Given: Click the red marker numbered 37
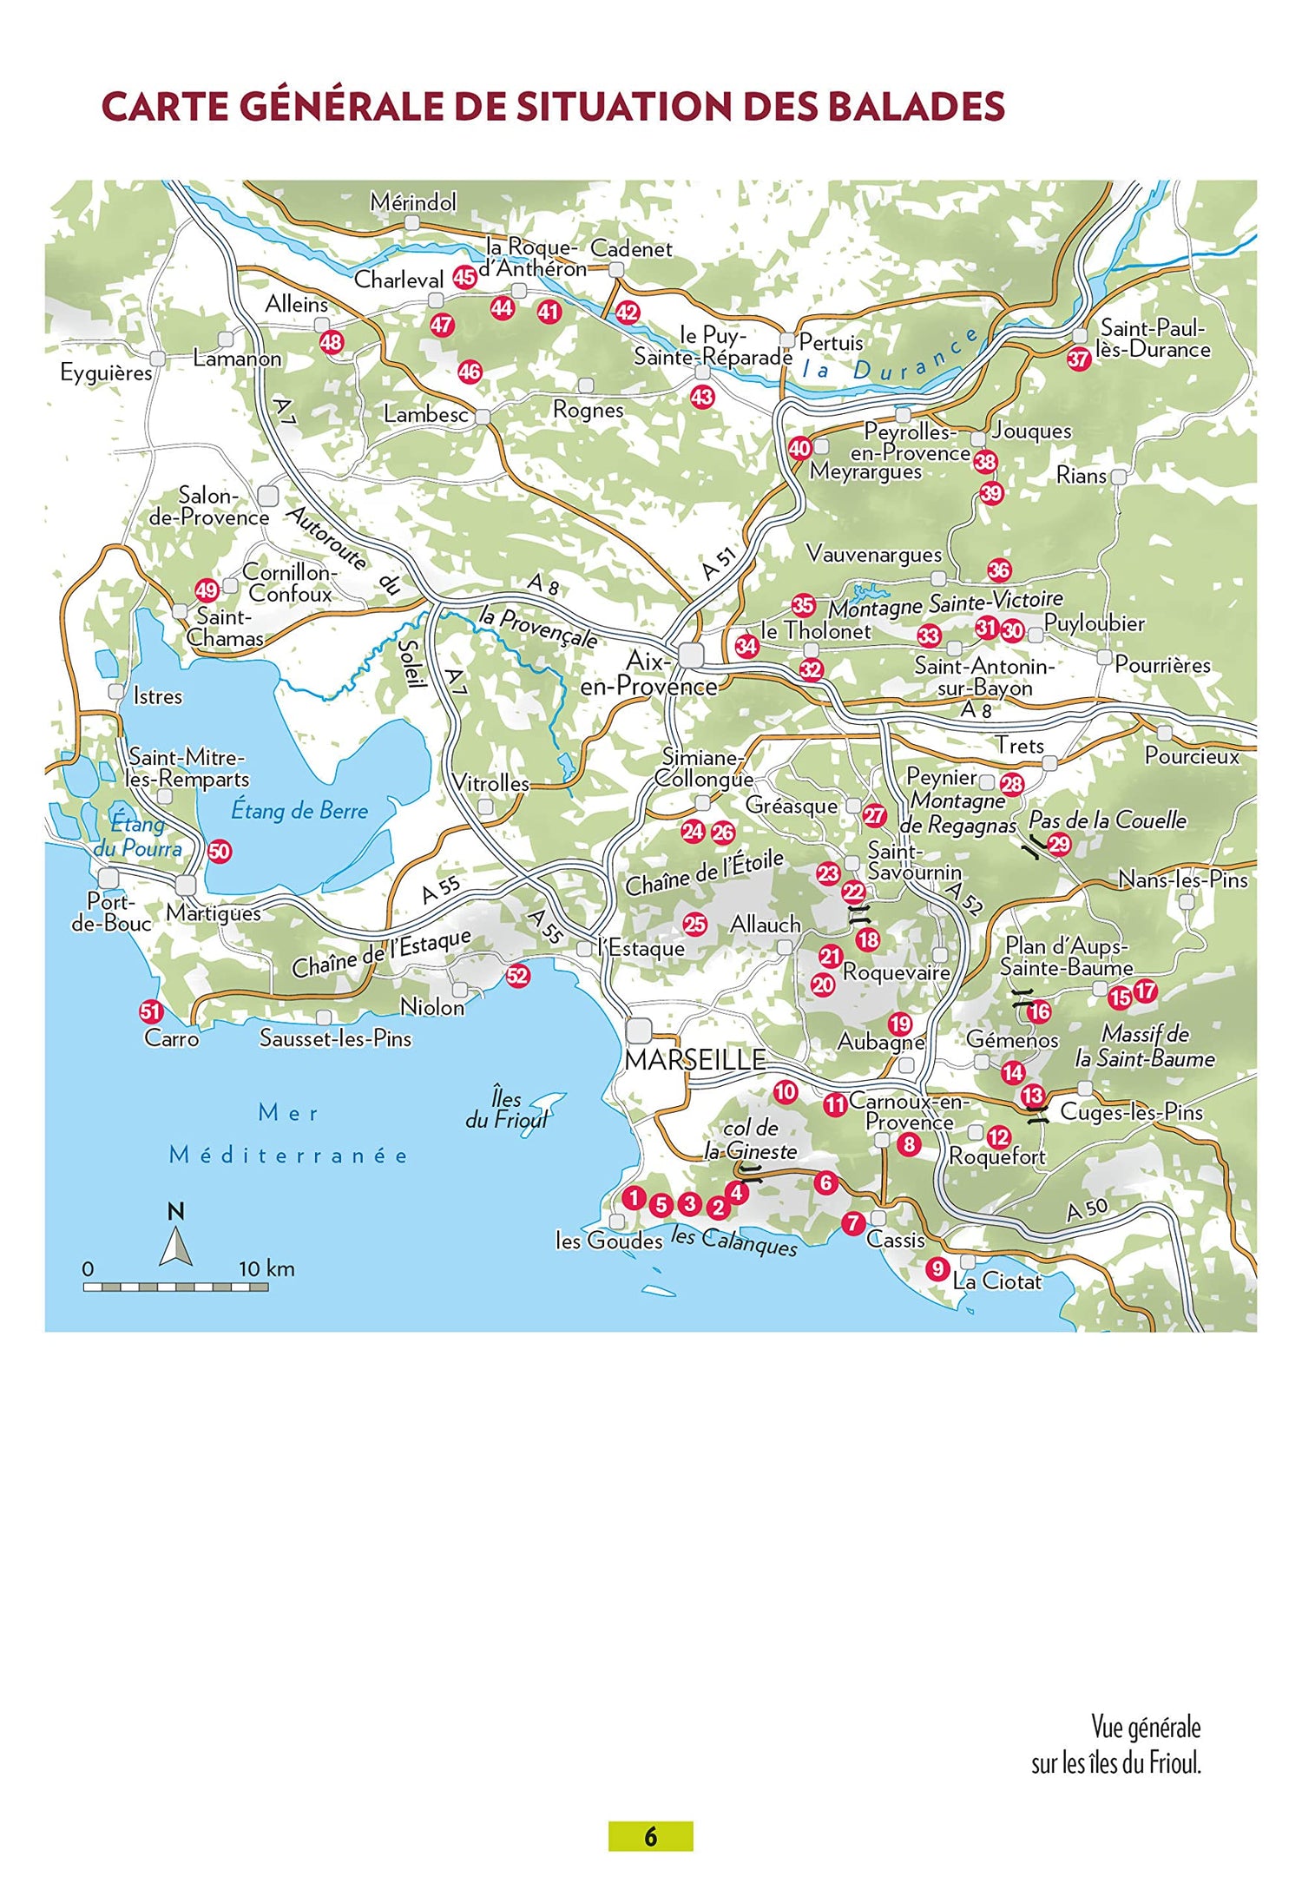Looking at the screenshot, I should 1078,359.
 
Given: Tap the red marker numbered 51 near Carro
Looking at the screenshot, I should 151,1011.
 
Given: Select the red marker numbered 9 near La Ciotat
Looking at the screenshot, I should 937,1268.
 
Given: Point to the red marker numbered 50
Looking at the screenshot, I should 219,852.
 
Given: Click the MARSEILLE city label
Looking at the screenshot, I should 694,1059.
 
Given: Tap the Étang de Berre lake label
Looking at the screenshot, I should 299,811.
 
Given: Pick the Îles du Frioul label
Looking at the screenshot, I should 507,1110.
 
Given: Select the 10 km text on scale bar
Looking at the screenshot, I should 266,1268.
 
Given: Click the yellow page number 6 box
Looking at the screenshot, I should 650,1836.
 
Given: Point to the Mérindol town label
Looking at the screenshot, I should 413,202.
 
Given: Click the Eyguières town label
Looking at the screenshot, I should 106,372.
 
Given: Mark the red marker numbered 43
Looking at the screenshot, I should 701,398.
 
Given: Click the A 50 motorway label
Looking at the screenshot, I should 1087,1210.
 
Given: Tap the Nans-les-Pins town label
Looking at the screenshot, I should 1182,879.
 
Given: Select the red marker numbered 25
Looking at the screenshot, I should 694,925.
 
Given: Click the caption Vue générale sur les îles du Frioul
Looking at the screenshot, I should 1116,1745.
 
